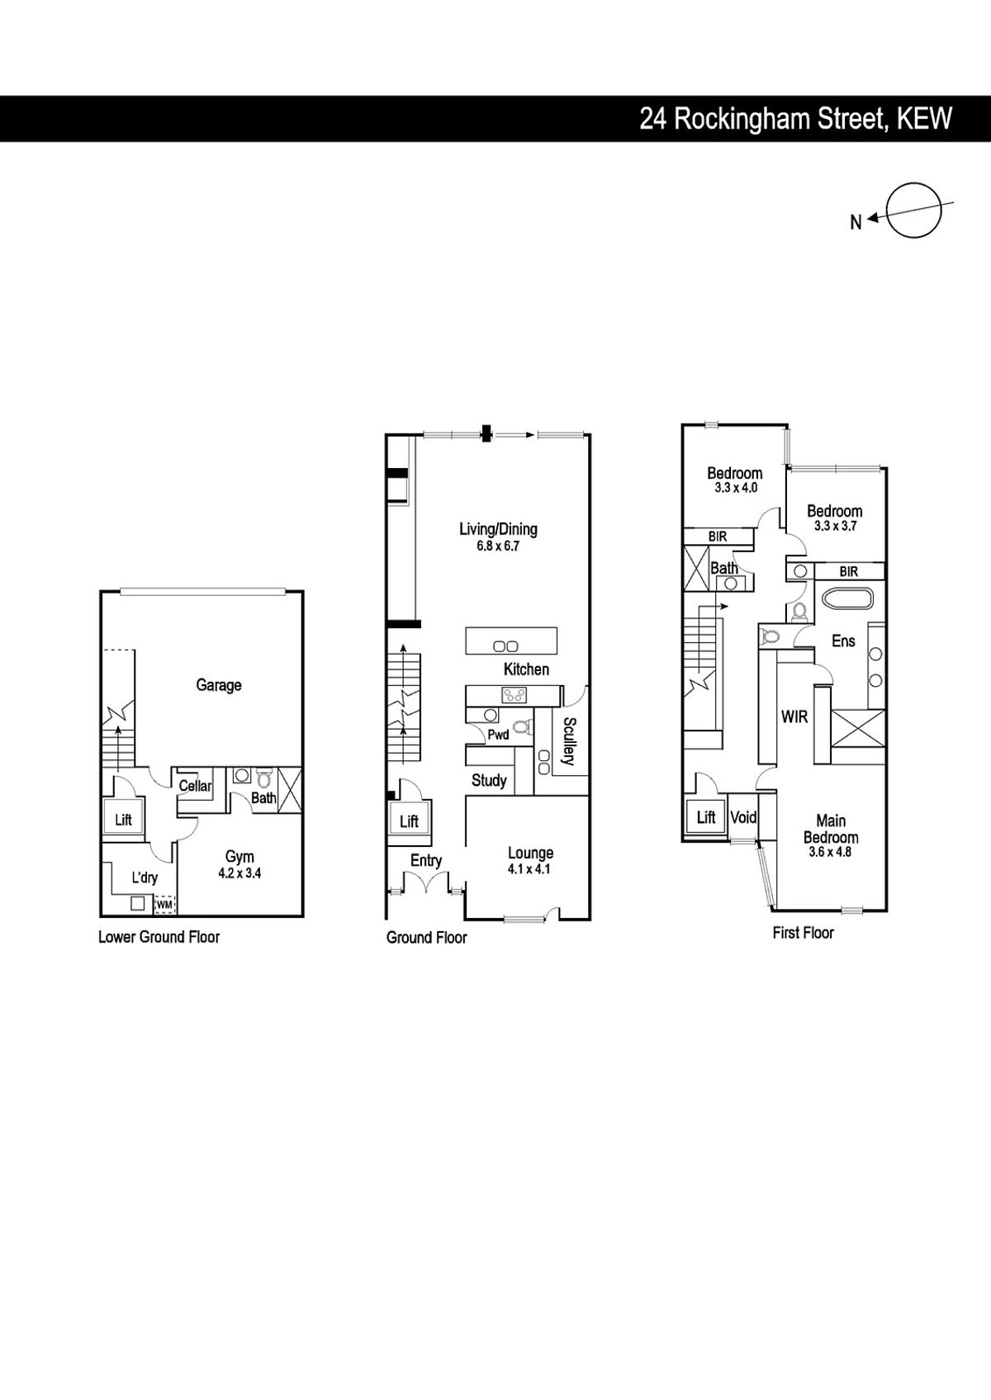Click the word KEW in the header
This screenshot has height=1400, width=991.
(x=925, y=118)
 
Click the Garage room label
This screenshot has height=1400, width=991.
(x=219, y=685)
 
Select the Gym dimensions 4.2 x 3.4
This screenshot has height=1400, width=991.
(x=239, y=873)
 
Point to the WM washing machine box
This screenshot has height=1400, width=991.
(x=165, y=904)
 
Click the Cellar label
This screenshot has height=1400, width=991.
(x=195, y=786)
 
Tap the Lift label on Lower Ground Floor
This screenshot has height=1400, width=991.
(x=124, y=820)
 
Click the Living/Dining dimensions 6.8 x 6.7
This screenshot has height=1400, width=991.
(x=498, y=546)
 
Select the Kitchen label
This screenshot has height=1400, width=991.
(x=526, y=669)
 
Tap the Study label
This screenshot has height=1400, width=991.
(x=489, y=780)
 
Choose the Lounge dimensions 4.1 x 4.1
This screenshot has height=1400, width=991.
(x=530, y=868)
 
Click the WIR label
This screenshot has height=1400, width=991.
(x=794, y=717)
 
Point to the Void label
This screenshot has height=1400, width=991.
(x=743, y=817)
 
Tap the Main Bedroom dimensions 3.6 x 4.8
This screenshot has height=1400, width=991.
(x=831, y=851)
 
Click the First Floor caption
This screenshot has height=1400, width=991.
(x=804, y=933)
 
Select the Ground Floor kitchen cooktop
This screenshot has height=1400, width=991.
(x=514, y=694)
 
